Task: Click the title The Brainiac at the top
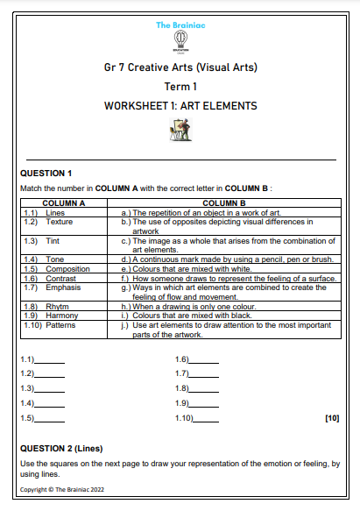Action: click(x=179, y=25)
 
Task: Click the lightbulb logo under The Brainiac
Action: click(x=180, y=42)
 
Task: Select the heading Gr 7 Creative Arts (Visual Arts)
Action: click(x=180, y=68)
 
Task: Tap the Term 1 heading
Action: click(x=180, y=88)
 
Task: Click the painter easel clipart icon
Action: click(x=180, y=130)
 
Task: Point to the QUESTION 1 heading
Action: click(x=46, y=173)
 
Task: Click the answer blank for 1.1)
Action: click(x=49, y=361)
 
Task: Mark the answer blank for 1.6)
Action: click(x=203, y=361)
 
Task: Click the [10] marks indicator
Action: click(x=331, y=418)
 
